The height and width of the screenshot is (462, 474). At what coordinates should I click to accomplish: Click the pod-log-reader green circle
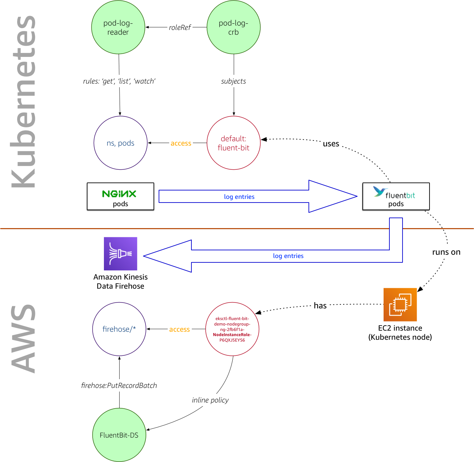[118, 27]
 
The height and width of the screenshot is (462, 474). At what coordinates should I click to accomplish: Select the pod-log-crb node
[234, 27]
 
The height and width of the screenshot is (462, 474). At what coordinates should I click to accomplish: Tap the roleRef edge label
[180, 27]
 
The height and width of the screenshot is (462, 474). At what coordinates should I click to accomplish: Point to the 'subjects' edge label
[234, 81]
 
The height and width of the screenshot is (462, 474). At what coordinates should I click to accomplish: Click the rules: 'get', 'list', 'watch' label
[119, 81]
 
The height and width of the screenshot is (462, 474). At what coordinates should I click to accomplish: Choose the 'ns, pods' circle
[121, 143]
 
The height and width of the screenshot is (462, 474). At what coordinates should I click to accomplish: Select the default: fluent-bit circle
[234, 143]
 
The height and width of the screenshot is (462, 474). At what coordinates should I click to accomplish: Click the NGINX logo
[119, 193]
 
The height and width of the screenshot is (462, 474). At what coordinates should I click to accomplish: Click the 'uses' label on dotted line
[331, 144]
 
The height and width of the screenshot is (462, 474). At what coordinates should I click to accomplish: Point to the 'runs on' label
[446, 252]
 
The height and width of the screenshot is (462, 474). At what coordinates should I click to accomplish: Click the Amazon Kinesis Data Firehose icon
[121, 254]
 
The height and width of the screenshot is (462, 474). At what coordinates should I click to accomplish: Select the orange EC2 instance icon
[400, 305]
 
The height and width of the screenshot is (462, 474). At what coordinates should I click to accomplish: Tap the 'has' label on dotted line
[320, 306]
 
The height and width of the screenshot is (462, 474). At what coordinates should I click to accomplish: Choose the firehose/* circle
[119, 329]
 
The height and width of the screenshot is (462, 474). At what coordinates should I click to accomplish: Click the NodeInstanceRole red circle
[232, 329]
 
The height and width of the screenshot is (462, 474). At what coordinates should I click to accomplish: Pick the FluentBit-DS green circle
[119, 435]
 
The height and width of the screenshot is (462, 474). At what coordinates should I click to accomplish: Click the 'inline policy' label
[210, 400]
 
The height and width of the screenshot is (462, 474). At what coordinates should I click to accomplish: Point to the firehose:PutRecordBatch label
[119, 385]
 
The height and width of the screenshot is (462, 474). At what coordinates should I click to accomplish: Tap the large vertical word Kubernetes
[24, 102]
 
